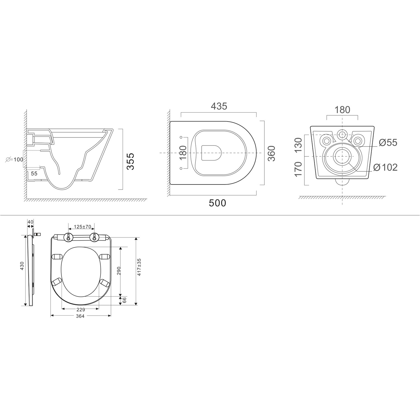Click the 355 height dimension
[x=130, y=161]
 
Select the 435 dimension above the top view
[x=219, y=106]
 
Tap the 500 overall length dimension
[x=218, y=203]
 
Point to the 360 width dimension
[x=271, y=153]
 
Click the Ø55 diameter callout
[x=388, y=143]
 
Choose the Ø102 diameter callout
[x=386, y=167]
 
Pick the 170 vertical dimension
[x=299, y=169]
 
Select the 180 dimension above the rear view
[x=342, y=110]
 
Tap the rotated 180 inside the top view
[x=183, y=153]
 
